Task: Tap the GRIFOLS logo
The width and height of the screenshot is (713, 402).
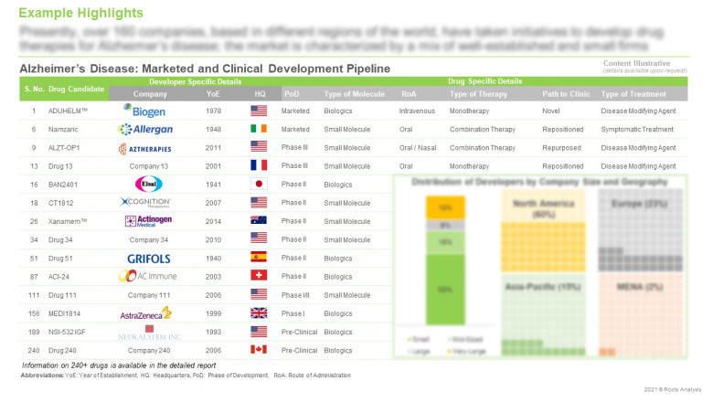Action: [x=149, y=258]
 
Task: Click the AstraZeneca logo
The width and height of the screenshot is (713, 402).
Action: [x=149, y=312]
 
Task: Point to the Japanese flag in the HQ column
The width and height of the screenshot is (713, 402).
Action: [x=260, y=184]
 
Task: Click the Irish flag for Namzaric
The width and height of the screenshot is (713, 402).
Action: [x=260, y=129]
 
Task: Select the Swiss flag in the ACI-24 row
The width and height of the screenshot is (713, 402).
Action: [x=260, y=276]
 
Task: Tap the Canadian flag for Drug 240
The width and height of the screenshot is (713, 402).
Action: [x=260, y=349]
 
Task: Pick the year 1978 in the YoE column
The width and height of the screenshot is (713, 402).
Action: [x=213, y=111]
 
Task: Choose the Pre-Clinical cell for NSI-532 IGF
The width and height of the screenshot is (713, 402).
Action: [x=297, y=331]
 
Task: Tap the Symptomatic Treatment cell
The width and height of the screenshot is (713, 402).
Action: [x=639, y=129]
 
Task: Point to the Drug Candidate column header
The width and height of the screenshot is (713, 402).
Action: [x=77, y=89]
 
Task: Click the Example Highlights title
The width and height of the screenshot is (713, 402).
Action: [x=80, y=13]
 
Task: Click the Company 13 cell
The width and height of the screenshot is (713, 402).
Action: [x=149, y=165]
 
